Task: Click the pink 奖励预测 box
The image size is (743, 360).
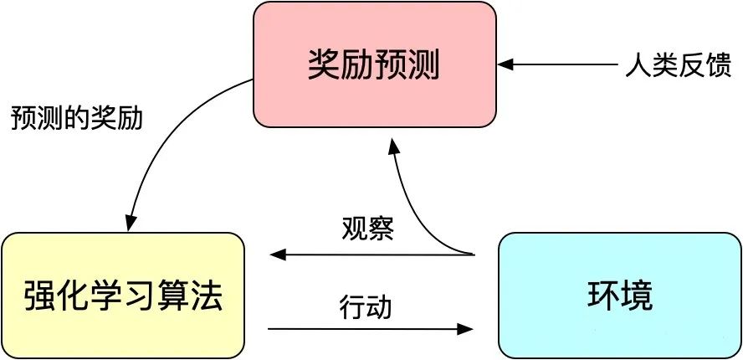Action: pyautogui.click(x=375, y=64)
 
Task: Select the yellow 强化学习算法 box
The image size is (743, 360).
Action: pyautogui.click(x=123, y=296)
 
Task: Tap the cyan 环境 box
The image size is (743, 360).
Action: pyautogui.click(x=618, y=296)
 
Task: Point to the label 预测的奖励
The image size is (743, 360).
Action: pyautogui.click(x=76, y=117)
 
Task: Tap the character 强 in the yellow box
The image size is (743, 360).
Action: pyautogui.click(x=38, y=296)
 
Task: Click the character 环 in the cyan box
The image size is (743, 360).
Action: pyautogui.click(x=601, y=296)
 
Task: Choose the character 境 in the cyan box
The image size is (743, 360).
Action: pyautogui.click(x=638, y=296)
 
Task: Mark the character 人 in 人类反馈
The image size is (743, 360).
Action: pyautogui.click(x=635, y=65)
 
